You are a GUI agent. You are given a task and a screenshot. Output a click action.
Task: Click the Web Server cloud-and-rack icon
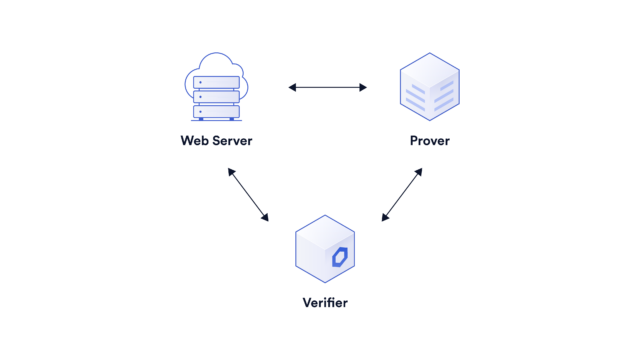tap(216, 89)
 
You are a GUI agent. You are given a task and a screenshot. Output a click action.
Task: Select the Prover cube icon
tap(429, 88)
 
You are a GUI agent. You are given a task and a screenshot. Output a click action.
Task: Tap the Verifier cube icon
tap(325, 249)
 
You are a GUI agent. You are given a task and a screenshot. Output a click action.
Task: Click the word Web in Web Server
tap(195, 141)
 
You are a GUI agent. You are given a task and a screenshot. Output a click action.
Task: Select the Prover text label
tap(429, 141)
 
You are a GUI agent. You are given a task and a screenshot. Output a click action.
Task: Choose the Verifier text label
tap(325, 302)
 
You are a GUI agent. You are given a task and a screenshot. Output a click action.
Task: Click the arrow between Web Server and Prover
tap(328, 88)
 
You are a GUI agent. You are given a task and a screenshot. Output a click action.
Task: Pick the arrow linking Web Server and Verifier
tap(248, 194)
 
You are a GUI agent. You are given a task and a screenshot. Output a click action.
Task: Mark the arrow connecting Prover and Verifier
tap(402, 194)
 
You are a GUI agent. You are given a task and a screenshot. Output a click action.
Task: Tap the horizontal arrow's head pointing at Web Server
tap(292, 88)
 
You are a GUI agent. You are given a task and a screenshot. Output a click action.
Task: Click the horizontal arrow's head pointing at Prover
tap(364, 88)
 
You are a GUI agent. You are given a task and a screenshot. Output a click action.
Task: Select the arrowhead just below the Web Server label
tap(230, 171)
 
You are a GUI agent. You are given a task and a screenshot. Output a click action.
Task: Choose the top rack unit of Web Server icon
tap(216, 82)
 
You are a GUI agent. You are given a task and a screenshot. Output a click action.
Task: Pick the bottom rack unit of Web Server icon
tap(216, 111)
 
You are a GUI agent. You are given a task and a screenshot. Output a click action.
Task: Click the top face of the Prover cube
tap(429, 68)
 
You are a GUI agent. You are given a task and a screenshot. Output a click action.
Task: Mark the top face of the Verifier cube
tap(325, 231)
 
